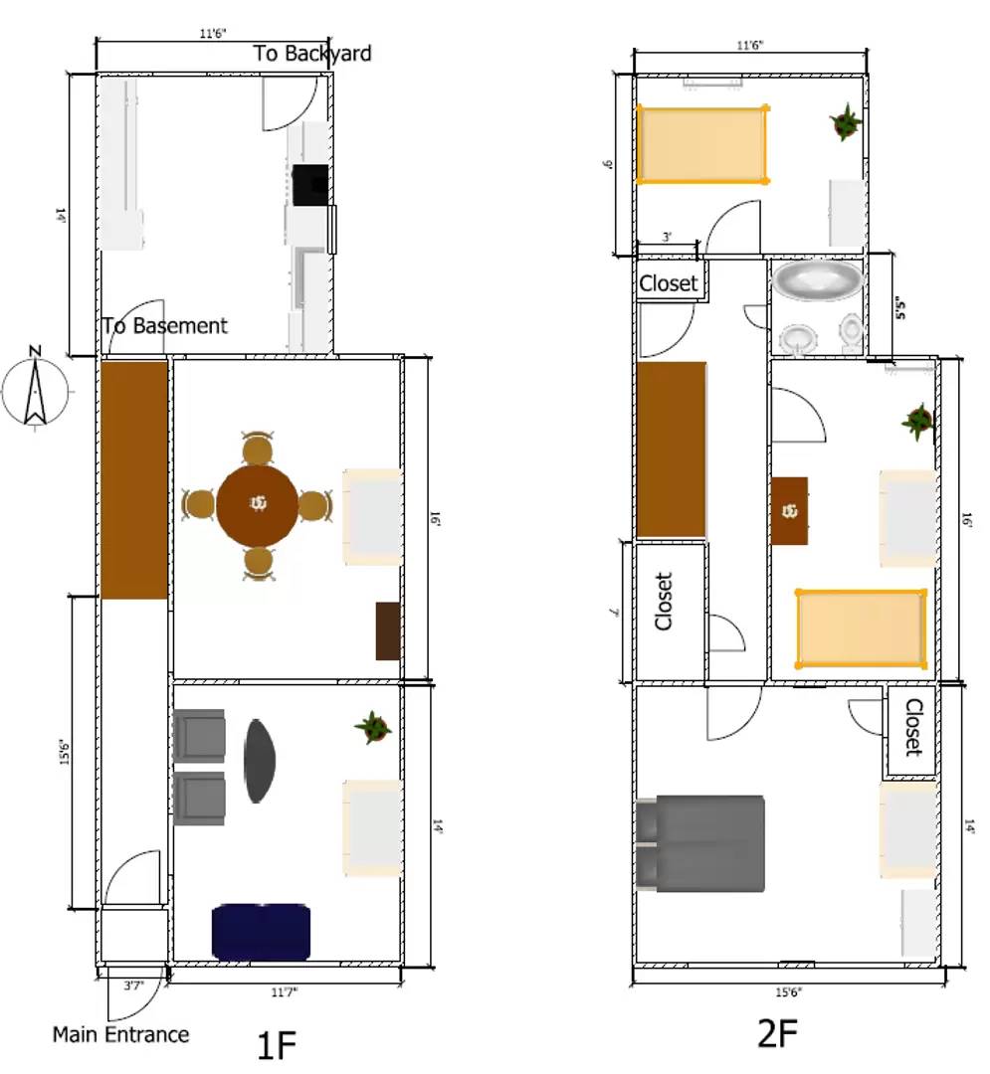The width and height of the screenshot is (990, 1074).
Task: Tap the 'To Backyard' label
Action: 312,53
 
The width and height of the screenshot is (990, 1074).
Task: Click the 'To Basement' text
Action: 165,325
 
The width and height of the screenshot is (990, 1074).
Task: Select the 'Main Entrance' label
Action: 120,1034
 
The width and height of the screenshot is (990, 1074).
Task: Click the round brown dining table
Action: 258,505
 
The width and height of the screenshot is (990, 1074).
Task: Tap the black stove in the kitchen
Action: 310,184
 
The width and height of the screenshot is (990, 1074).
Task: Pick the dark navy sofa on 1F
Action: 261,932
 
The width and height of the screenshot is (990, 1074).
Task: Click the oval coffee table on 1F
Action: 260,760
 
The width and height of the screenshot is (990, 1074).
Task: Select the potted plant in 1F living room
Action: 373,727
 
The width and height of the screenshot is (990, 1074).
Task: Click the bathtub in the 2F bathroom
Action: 818,280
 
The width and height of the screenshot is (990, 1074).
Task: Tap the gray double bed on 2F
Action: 700,843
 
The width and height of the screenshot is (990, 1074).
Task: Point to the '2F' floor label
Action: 778,1034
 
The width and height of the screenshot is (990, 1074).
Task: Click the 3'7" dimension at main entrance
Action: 134,986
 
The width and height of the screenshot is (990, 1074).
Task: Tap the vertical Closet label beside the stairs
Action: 664,601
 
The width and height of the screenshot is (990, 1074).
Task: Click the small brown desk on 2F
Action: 789,510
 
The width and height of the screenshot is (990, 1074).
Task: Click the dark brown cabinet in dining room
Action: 388,630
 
